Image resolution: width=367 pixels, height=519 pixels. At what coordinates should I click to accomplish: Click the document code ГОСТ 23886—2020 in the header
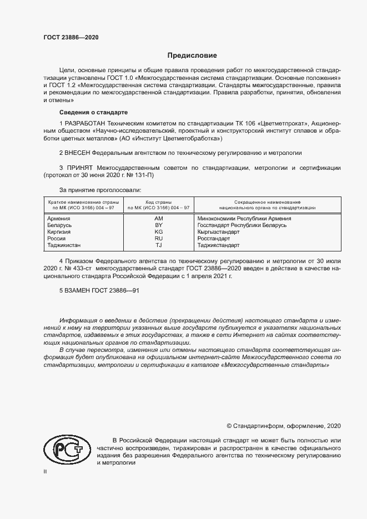[x=71, y=38]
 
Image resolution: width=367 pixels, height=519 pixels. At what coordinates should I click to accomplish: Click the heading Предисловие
[x=192, y=56]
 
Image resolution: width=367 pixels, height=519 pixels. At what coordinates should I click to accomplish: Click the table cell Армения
[x=59, y=219]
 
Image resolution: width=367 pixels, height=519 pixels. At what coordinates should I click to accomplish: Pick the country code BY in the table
[x=158, y=225]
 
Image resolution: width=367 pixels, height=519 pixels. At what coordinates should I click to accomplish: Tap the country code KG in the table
[x=158, y=232]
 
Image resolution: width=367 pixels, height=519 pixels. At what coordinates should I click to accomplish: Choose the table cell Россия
[x=57, y=238]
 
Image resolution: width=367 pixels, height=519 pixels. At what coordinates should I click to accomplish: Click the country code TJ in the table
[x=158, y=245]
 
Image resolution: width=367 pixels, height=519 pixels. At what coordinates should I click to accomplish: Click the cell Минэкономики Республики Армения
[x=244, y=219]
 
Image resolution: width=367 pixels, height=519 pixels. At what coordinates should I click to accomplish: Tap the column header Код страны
[x=158, y=201]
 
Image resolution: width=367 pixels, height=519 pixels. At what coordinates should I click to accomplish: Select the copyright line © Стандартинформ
[x=284, y=426]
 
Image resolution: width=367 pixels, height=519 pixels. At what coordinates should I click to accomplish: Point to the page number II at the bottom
[x=45, y=471]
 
